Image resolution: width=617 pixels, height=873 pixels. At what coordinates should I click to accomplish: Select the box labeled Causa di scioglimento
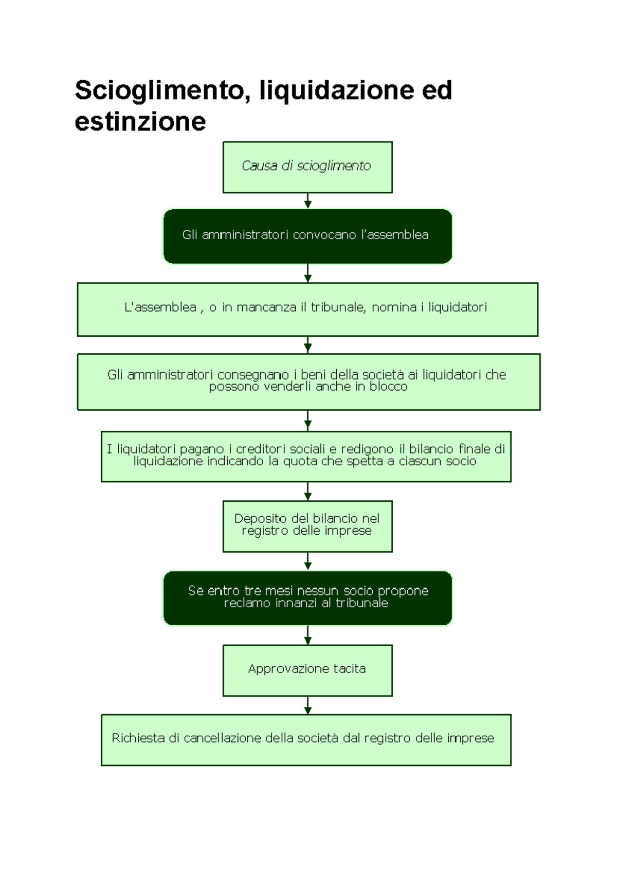pos(307,167)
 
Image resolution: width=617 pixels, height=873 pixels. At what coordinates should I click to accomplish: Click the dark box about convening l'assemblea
pos(307,236)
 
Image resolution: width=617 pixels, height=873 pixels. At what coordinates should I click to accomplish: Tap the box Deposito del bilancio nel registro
pos(307,526)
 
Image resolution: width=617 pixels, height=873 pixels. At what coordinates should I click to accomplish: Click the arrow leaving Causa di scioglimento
pos(307,201)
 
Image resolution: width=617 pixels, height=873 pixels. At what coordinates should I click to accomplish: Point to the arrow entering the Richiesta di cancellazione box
pos(307,705)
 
